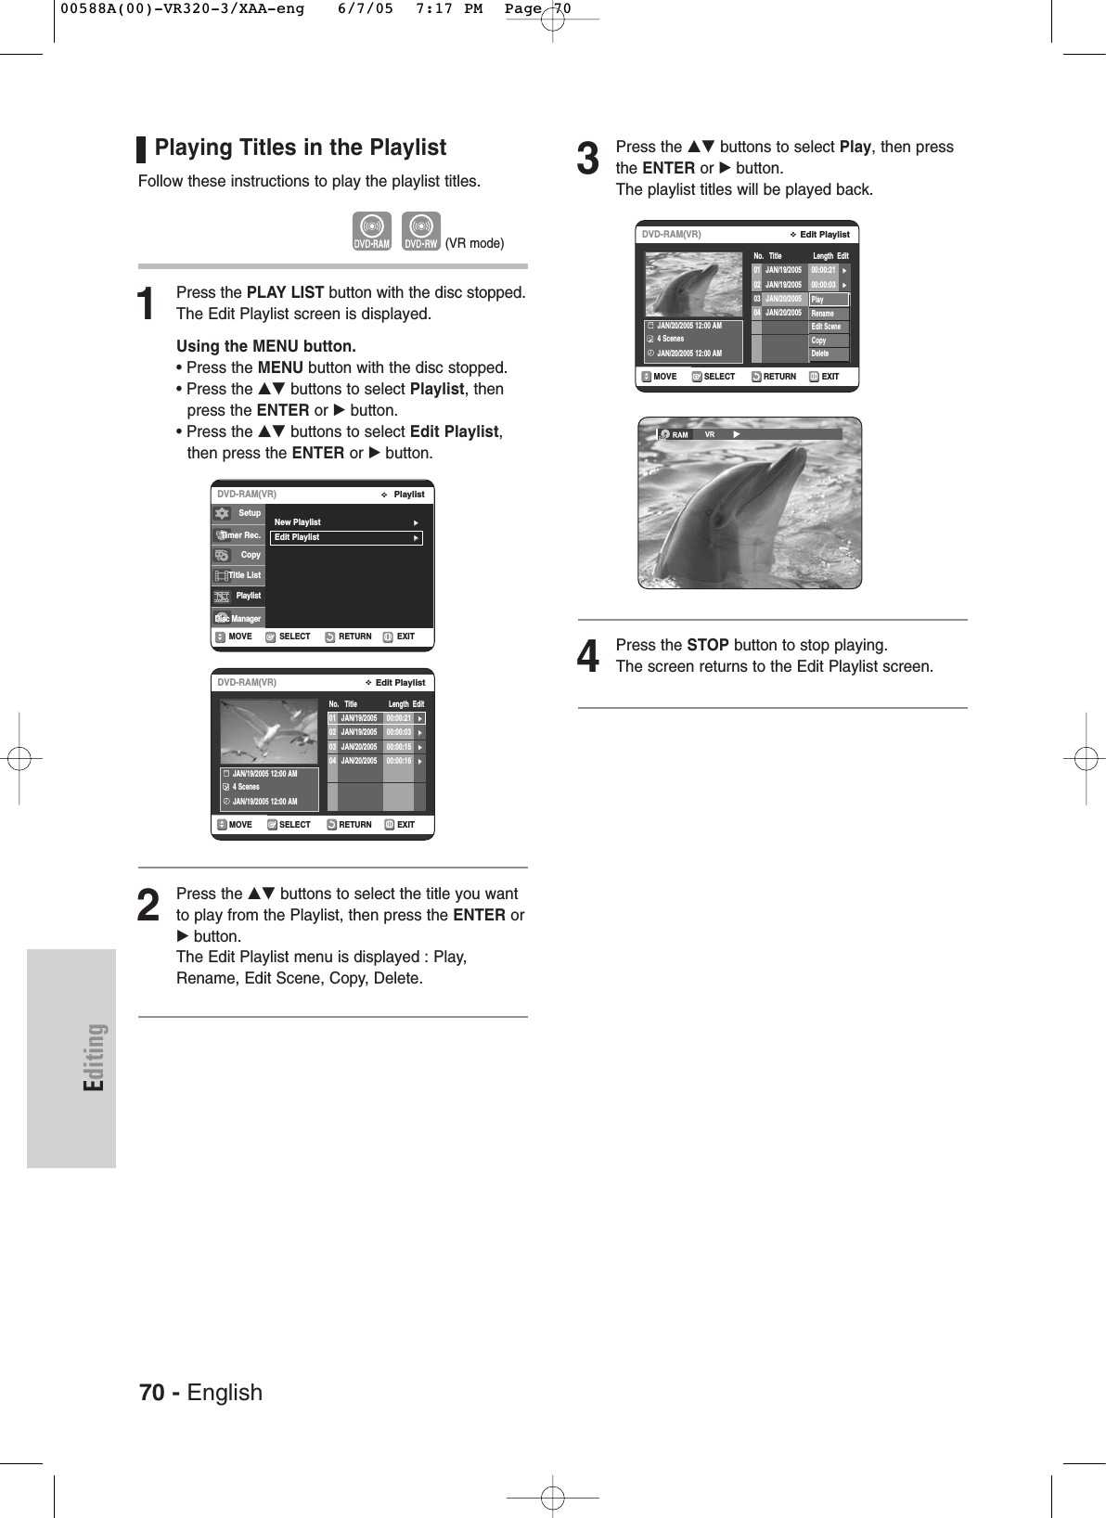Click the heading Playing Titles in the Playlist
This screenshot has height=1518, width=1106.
300,148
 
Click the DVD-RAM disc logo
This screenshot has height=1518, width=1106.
371,231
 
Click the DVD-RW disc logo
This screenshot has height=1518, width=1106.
421,231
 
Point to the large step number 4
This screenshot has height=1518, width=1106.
588,657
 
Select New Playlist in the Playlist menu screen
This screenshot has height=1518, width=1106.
298,522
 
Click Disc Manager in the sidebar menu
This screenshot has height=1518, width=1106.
239,618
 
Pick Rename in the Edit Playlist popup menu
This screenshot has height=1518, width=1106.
823,314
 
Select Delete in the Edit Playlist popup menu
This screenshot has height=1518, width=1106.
820,354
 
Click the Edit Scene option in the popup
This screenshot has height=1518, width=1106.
826,327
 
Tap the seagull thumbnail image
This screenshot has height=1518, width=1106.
269,731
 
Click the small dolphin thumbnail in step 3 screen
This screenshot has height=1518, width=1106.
693,285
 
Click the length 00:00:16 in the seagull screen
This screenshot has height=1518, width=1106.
398,761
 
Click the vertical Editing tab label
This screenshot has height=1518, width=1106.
95,1058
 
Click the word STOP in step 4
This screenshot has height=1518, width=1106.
707,645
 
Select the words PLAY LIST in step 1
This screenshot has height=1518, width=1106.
285,292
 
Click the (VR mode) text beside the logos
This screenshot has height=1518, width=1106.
474,243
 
